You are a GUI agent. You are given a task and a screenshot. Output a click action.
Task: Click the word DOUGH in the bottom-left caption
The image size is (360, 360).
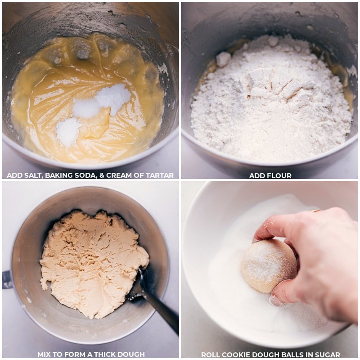131,354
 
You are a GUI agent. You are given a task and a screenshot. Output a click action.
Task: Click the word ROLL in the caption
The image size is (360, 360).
210,354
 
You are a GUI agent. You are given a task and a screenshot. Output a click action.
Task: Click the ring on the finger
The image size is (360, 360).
316,210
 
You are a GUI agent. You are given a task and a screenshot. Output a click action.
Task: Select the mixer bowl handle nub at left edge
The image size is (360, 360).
7,279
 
